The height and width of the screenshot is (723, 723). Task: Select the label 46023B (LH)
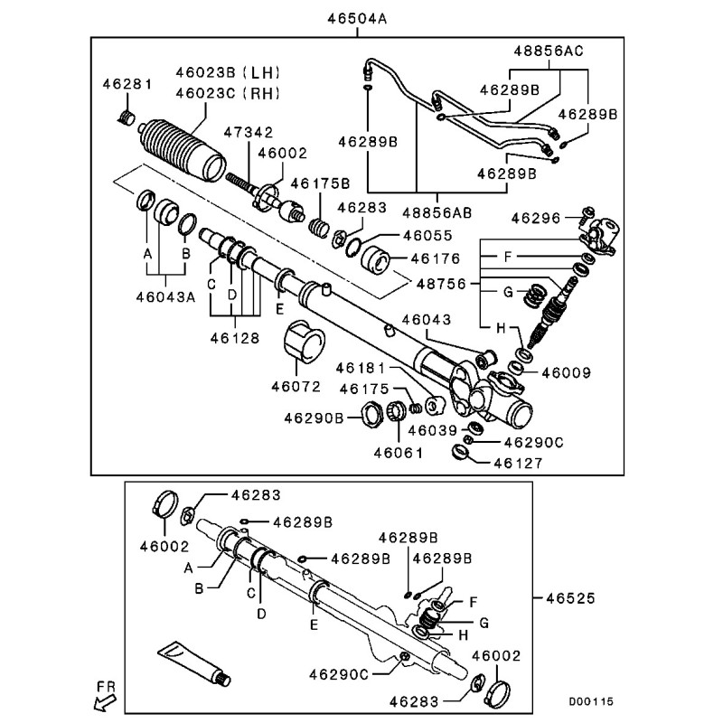click(x=227, y=72)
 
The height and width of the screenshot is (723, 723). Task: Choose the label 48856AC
click(x=549, y=52)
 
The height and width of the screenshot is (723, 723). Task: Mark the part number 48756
click(x=442, y=283)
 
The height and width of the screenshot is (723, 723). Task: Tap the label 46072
click(x=295, y=386)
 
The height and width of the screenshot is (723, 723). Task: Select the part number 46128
click(x=235, y=340)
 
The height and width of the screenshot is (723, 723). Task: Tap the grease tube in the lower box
click(x=194, y=662)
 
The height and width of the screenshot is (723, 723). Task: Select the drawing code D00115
click(x=593, y=700)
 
